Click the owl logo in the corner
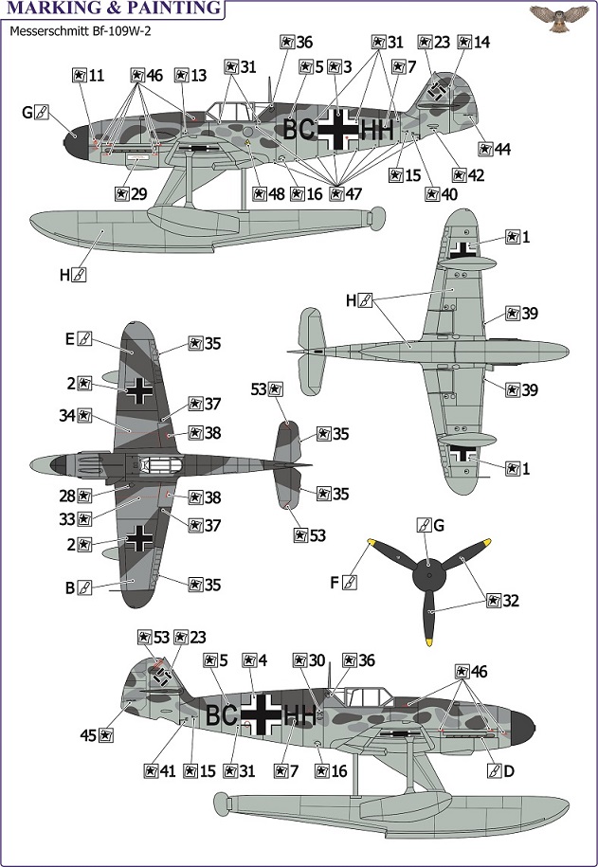tap(559, 18)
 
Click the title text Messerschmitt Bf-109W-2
tap(81, 31)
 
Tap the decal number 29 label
tap(131, 194)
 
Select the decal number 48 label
tap(268, 194)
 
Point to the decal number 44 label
tap(495, 150)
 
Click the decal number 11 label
tap(88, 75)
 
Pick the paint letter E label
tap(78, 338)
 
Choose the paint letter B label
tap(78, 587)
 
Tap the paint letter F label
tap(343, 582)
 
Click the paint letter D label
tap(501, 770)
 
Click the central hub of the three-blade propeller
tap(429, 575)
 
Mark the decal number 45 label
tap(98, 735)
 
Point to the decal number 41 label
tap(160, 770)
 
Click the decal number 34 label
tap(76, 415)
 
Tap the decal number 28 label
tap(76, 496)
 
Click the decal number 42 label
tap(468, 175)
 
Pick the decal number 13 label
tap(190, 75)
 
